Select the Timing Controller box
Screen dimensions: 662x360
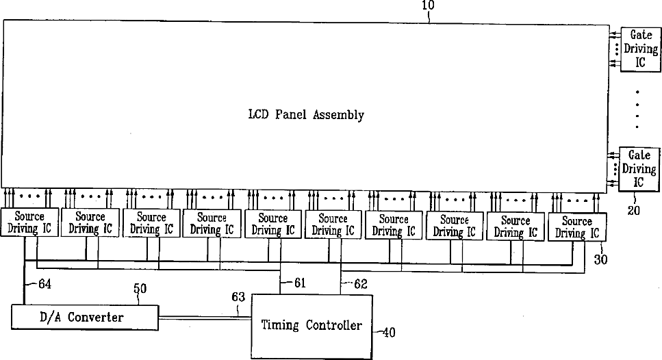coord(311,325)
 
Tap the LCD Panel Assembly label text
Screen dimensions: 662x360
coord(305,115)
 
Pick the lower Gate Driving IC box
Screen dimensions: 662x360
coord(638,169)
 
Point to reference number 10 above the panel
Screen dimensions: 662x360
coord(429,5)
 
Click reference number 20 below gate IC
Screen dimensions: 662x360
coord(634,211)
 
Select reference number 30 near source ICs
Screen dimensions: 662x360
coord(600,260)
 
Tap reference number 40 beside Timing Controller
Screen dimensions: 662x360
coord(388,333)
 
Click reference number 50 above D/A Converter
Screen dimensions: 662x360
coord(140,290)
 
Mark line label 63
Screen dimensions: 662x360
coord(238,296)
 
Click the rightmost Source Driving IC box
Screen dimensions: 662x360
coord(576,227)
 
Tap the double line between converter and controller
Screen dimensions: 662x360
coord(205,317)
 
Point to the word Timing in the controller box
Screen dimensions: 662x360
coord(280,325)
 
